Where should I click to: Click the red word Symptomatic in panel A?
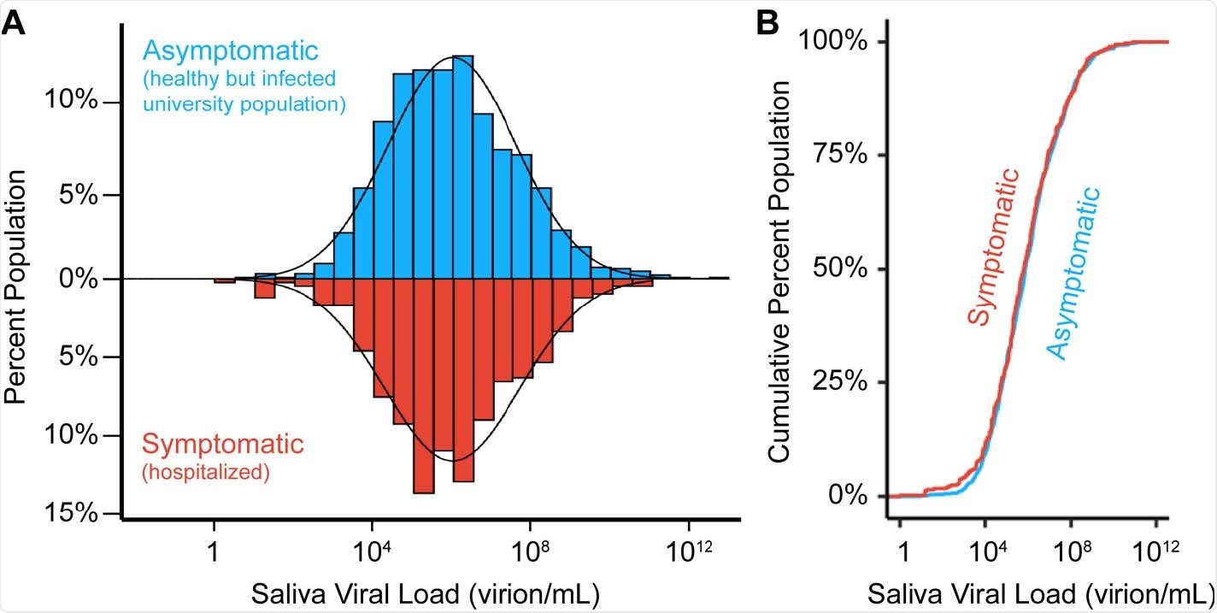pyautogui.click(x=223, y=445)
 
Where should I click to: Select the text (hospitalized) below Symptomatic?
pyautogui.click(x=206, y=471)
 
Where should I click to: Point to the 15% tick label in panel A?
pyautogui.click(x=74, y=513)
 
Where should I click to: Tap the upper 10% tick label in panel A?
pyautogui.click(x=74, y=102)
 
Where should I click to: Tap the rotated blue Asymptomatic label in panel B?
pyautogui.click(x=1073, y=274)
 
